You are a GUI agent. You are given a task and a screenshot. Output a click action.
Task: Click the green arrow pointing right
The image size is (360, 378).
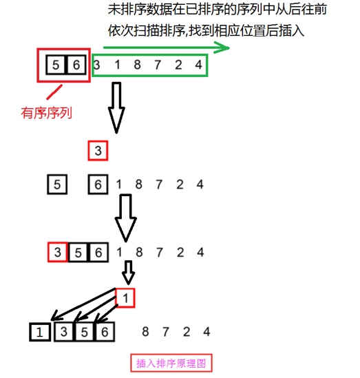pos(167,48)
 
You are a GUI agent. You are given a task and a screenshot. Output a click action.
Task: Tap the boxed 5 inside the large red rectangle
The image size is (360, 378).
pos(56,65)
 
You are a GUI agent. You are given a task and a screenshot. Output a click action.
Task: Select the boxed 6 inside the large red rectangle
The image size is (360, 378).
pos(76,65)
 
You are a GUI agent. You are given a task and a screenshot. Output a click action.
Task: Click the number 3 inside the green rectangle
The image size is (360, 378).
pos(97,65)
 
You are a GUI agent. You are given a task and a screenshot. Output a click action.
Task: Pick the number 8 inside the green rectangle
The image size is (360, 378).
pos(138,65)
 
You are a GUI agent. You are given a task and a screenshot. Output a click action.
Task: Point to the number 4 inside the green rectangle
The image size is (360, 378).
pos(198,65)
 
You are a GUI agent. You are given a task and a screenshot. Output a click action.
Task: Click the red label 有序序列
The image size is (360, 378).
pos(47,113)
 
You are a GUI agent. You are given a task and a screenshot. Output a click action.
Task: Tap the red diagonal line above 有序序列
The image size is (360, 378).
pos(54,92)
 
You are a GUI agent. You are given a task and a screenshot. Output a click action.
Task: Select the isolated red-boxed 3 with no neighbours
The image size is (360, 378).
pos(98,151)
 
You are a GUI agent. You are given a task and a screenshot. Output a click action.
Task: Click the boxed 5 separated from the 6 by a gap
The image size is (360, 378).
pos(57,185)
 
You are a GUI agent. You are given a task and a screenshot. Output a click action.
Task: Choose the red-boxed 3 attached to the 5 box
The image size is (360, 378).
pos(58,252)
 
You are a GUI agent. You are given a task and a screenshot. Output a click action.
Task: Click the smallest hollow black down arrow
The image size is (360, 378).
pos(128,273)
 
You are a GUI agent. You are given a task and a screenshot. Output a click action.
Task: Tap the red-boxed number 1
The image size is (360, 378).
pos(125,298)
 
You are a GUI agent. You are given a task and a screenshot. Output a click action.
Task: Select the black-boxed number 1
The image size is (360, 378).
pos(40,332)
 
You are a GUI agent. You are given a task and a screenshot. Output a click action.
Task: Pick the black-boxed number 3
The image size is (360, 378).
pos(64,332)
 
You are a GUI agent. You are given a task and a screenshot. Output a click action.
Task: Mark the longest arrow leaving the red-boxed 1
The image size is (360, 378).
pos(83,304)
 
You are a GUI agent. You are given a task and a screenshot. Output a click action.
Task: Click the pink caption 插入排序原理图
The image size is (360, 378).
pos(171,364)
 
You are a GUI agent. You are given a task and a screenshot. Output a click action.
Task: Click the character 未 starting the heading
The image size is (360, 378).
pos(114,9)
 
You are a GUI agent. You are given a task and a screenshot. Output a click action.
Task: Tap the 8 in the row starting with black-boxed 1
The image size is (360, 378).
pos(145,332)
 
